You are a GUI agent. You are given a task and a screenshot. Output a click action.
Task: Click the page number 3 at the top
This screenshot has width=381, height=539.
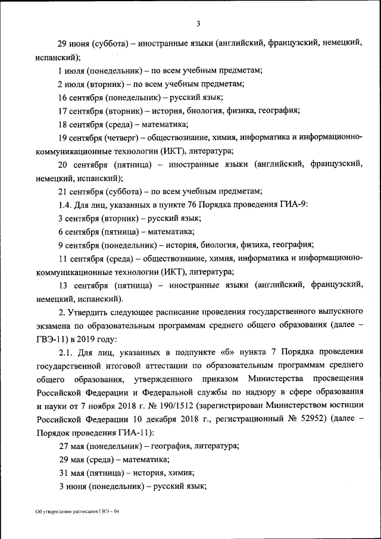198,24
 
